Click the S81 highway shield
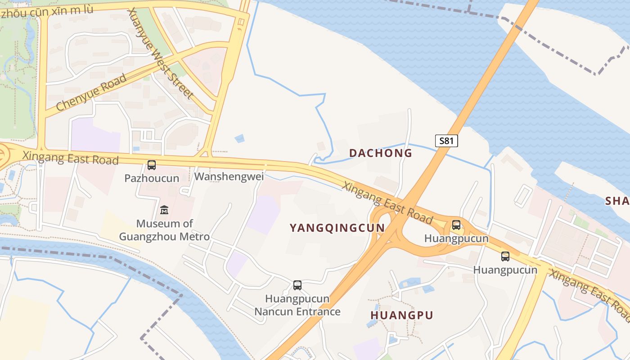[x=446, y=141]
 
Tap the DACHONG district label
[x=381, y=153]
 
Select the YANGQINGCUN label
[x=337, y=228]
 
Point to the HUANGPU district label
[x=401, y=315]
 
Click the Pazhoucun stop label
[x=152, y=178]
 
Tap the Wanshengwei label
[x=229, y=177]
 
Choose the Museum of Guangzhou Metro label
[x=164, y=230]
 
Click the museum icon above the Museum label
[x=164, y=210]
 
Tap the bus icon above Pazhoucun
[x=152, y=165]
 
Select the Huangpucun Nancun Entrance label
[x=297, y=305]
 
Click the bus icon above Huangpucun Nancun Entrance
[x=297, y=285]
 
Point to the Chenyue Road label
[x=92, y=93]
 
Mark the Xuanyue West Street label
[x=160, y=54]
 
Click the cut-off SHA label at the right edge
[x=617, y=201]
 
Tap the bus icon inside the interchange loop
[x=456, y=225]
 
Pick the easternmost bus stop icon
[x=505, y=256]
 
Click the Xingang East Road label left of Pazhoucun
[x=71, y=158]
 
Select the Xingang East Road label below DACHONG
[x=387, y=203]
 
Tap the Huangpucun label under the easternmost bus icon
[x=505, y=270]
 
